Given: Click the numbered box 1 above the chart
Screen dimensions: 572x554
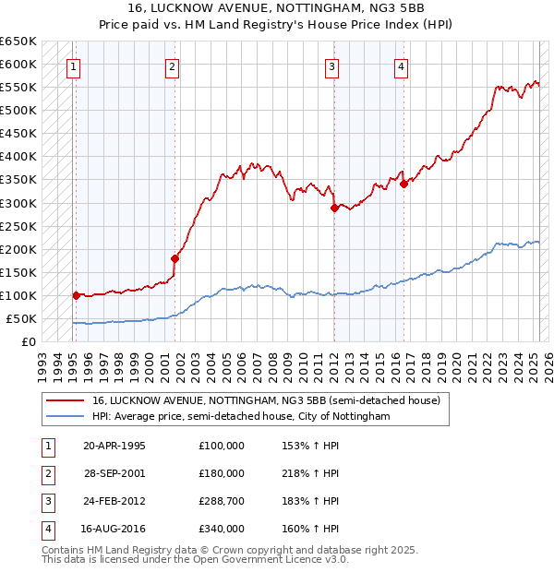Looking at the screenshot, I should (x=72, y=65).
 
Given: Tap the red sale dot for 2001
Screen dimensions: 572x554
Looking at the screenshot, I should (x=175, y=258).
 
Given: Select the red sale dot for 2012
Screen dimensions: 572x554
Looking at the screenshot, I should (x=334, y=208).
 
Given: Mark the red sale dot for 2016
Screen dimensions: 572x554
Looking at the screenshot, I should (x=403, y=184).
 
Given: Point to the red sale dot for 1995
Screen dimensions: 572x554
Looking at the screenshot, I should (x=76, y=295).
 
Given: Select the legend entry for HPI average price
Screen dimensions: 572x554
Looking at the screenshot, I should (x=241, y=417).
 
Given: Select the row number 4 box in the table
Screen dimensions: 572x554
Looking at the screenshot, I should (x=47, y=530).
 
